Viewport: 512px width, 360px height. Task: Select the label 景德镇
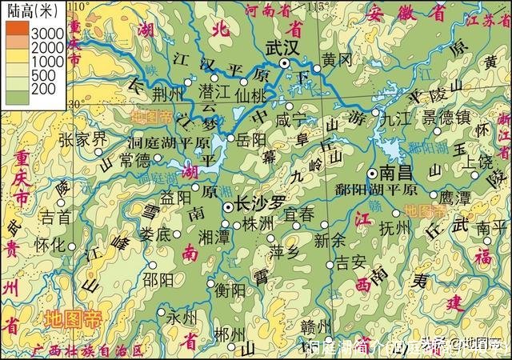click(446, 117)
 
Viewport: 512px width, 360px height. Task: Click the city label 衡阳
click(230, 290)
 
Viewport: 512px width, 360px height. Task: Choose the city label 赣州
click(313, 326)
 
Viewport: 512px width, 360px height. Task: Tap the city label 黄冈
click(335, 60)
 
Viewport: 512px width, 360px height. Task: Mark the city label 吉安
click(350, 262)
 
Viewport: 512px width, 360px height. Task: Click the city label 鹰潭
click(461, 197)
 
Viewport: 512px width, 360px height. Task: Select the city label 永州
click(182, 318)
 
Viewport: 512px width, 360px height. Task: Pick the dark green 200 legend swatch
click(18, 97)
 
